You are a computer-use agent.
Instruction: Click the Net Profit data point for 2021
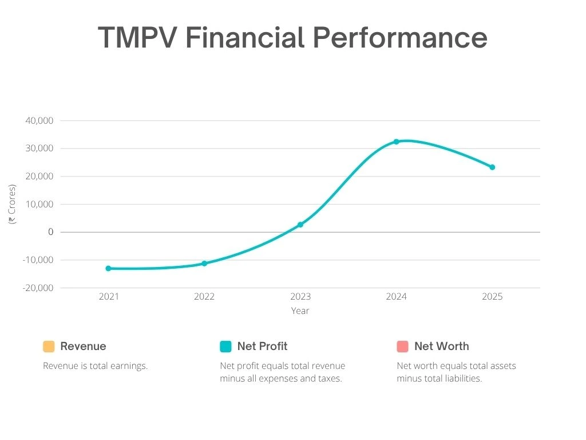tap(108, 268)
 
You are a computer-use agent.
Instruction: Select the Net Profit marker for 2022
tap(204, 264)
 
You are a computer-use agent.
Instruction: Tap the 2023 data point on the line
tap(300, 225)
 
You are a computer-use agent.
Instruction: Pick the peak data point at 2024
tap(396, 142)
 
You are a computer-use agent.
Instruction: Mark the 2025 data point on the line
tap(492, 167)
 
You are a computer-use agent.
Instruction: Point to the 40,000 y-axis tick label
tap(39, 121)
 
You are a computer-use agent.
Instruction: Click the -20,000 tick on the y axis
tap(38, 288)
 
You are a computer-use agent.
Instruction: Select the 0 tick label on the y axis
tap(51, 232)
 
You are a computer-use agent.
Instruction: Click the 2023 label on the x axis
tap(300, 297)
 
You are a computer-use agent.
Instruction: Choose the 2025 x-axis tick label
tap(492, 297)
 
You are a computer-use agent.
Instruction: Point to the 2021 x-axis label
tap(108, 297)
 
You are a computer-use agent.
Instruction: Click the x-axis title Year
tap(300, 311)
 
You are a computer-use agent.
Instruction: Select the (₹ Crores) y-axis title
tap(12, 204)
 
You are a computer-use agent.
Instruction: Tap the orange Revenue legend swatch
tap(49, 347)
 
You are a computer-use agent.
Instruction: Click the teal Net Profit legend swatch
tap(225, 347)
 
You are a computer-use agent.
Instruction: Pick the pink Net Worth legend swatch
tap(402, 347)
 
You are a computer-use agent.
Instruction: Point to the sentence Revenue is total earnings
tap(96, 366)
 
